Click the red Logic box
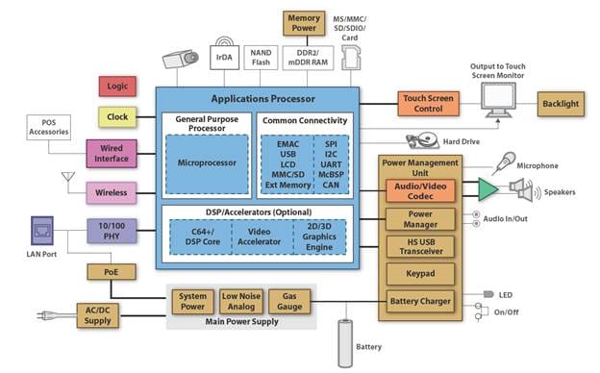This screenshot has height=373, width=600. click(117, 87)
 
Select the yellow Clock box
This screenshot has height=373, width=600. click(117, 117)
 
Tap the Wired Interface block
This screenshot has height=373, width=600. click(112, 154)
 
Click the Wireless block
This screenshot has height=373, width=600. click(112, 192)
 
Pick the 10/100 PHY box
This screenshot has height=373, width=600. click(112, 231)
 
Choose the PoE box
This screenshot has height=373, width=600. click(105, 272)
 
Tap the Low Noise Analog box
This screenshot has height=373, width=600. click(239, 302)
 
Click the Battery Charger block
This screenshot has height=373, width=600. click(420, 301)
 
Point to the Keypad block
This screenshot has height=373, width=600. click(420, 274)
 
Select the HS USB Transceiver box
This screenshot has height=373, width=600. click(420, 246)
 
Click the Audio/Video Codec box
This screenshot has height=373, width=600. click(420, 190)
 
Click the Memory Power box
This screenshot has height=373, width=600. click(302, 22)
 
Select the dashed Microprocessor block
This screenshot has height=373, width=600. click(206, 162)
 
